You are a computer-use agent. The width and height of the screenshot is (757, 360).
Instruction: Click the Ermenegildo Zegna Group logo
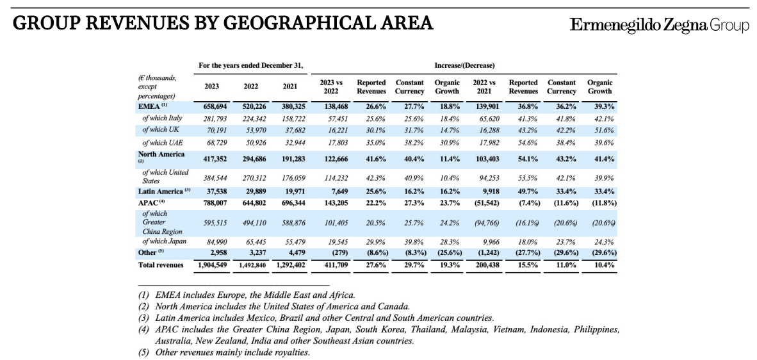coord(659,25)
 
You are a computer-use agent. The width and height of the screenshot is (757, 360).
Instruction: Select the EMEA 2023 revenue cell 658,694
coord(211,107)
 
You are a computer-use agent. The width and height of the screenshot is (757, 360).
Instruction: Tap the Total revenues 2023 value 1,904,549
coord(211,265)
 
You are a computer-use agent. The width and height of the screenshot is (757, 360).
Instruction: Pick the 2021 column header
coord(289,86)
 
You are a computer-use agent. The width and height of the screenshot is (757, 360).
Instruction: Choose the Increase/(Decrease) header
coord(464,65)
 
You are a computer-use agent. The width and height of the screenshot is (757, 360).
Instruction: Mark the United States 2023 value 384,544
coord(211,177)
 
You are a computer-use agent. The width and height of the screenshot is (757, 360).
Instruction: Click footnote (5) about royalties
coord(224,352)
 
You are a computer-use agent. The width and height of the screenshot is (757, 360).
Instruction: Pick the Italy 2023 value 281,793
coord(211,119)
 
